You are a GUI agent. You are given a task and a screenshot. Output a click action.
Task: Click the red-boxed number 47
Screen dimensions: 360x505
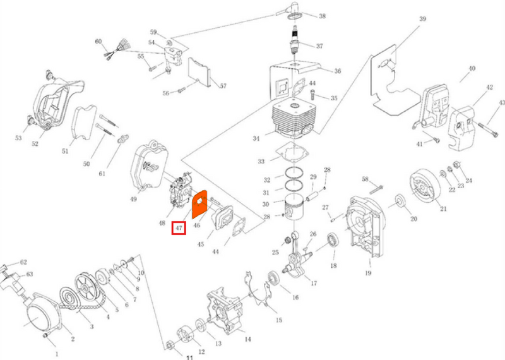click(x=179, y=227)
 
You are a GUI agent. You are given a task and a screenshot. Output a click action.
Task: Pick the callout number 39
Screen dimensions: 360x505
click(x=422, y=19)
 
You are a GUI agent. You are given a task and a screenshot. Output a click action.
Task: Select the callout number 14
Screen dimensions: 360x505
click(x=248, y=340)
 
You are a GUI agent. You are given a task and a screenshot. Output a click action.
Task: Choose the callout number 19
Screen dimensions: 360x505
click(x=367, y=273)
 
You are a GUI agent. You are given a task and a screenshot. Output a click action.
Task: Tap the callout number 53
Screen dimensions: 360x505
click(x=18, y=138)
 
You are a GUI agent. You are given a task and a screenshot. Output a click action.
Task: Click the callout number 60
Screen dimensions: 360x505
click(x=98, y=42)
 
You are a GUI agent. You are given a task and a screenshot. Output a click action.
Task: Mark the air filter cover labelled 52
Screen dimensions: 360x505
click(x=54, y=101)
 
